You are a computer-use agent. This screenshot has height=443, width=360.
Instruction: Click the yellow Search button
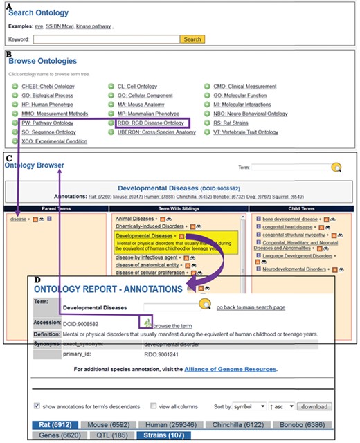click(x=192, y=39)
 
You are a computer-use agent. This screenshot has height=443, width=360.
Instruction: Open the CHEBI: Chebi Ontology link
click(x=48, y=87)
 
